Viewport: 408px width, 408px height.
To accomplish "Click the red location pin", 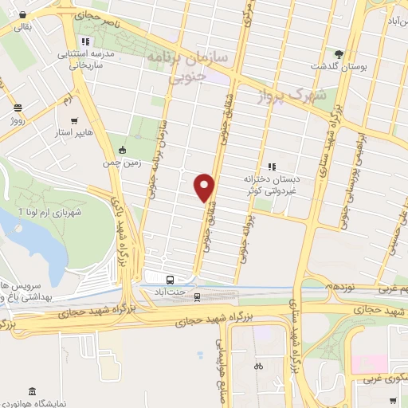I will click(206, 187).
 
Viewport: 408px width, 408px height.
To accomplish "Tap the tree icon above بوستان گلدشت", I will click(340, 53).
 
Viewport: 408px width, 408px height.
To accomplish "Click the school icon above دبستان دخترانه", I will click(271, 167).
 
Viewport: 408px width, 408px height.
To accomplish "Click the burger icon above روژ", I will click(18, 107).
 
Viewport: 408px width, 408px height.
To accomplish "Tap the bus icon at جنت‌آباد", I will click(170, 280).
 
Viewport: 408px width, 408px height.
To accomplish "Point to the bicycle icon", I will click(257, 367).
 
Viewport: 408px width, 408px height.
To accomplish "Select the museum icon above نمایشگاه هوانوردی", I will click(31, 392).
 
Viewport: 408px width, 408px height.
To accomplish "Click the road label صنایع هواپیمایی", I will click(221, 351).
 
